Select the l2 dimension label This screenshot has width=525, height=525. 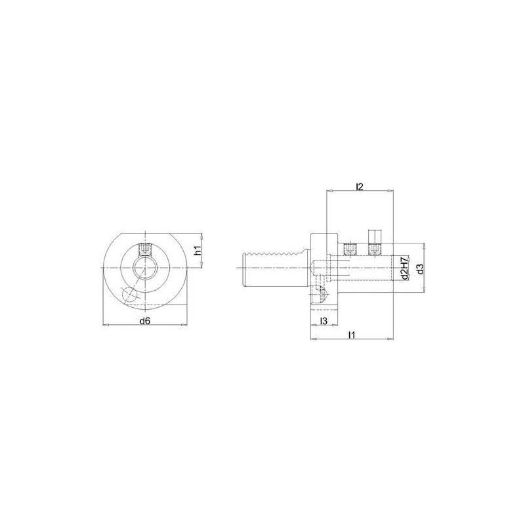pyautogui.click(x=359, y=186)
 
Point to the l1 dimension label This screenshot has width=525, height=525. pyautogui.click(x=352, y=335)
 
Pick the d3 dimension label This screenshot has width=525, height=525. pyautogui.click(x=419, y=268)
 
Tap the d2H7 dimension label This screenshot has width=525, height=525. pyautogui.click(x=405, y=268)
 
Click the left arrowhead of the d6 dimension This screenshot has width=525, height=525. pyautogui.click(x=106, y=324)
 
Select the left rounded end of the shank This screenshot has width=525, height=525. pyautogui.click(x=245, y=268)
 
